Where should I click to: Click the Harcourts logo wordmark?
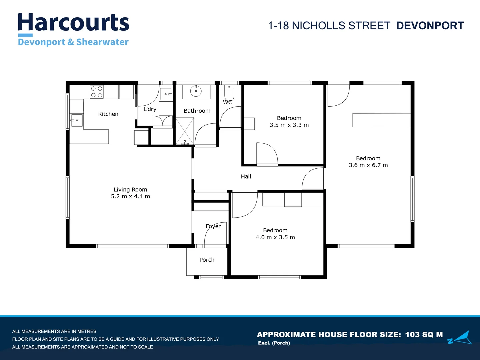(x=73, y=23)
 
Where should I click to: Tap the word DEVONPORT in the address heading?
(x=430, y=26)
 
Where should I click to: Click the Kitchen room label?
(x=108, y=114)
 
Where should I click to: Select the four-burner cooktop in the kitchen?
(x=97, y=92)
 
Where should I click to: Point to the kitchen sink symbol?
(x=76, y=120)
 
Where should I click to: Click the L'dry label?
(x=150, y=109)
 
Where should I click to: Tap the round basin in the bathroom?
(x=196, y=91)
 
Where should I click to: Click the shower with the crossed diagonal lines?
(x=184, y=131)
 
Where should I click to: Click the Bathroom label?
(x=197, y=111)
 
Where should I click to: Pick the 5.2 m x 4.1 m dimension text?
(x=130, y=196)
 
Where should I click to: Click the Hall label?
(x=246, y=176)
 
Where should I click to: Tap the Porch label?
(x=207, y=260)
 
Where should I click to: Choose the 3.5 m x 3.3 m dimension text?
(x=289, y=125)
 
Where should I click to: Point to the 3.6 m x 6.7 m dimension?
(x=368, y=165)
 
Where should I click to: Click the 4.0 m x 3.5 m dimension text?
(x=275, y=237)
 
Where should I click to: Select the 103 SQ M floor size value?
(x=424, y=335)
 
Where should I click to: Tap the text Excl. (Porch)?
(x=274, y=343)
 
